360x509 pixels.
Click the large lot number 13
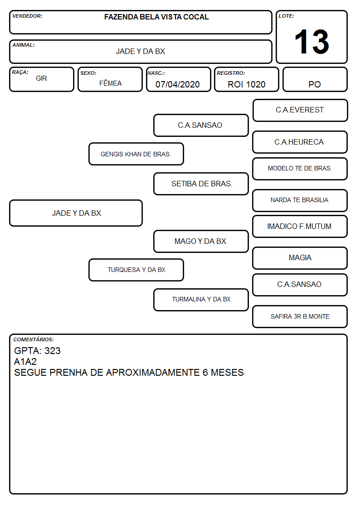click(311, 42)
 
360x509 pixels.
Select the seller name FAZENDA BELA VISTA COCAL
click(156, 17)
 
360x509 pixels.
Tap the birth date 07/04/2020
click(178, 84)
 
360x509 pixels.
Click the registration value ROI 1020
click(246, 84)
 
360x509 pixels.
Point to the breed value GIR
click(42, 78)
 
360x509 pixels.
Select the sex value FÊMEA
click(110, 83)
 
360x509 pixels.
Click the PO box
click(315, 79)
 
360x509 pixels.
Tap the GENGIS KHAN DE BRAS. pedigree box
click(136, 154)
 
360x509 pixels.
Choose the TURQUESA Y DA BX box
click(136, 270)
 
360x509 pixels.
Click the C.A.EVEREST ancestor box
click(300, 111)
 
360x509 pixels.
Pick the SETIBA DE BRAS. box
click(201, 184)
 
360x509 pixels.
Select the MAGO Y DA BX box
click(201, 241)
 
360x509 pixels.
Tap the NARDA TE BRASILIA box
click(300, 200)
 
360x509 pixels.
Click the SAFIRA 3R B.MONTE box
click(300, 316)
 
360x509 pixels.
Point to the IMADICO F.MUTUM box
click(300, 226)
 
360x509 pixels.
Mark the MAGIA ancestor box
click(300, 258)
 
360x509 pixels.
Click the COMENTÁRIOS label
click(34, 339)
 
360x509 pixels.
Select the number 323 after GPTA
click(53, 350)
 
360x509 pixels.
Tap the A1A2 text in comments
click(25, 362)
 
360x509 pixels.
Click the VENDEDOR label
click(27, 16)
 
